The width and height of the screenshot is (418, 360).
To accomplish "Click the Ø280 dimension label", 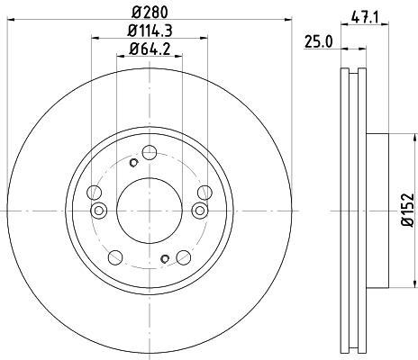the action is [150, 13].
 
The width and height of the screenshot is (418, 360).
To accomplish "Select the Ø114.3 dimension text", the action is [150, 31].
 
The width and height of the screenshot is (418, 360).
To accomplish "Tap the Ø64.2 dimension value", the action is [150, 49].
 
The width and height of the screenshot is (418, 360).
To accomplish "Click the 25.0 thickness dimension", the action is [318, 41].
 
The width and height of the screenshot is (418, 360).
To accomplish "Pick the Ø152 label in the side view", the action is [408, 210].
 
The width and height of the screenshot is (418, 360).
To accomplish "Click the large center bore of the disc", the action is [150, 211].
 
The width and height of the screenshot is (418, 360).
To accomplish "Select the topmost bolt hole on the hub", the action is [150, 152].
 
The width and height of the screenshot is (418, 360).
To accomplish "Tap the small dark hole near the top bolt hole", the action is [133, 163].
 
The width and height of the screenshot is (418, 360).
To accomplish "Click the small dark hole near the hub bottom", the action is [165, 258].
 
